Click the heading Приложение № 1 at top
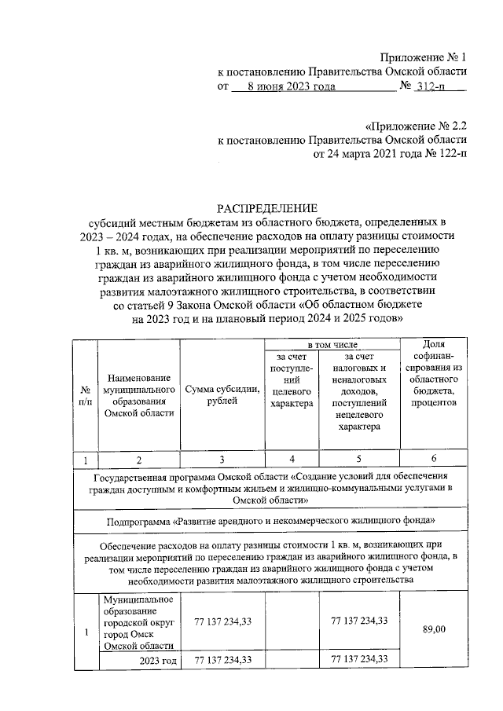click(423, 57)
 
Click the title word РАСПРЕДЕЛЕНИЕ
click(268, 208)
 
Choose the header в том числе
click(333, 345)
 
